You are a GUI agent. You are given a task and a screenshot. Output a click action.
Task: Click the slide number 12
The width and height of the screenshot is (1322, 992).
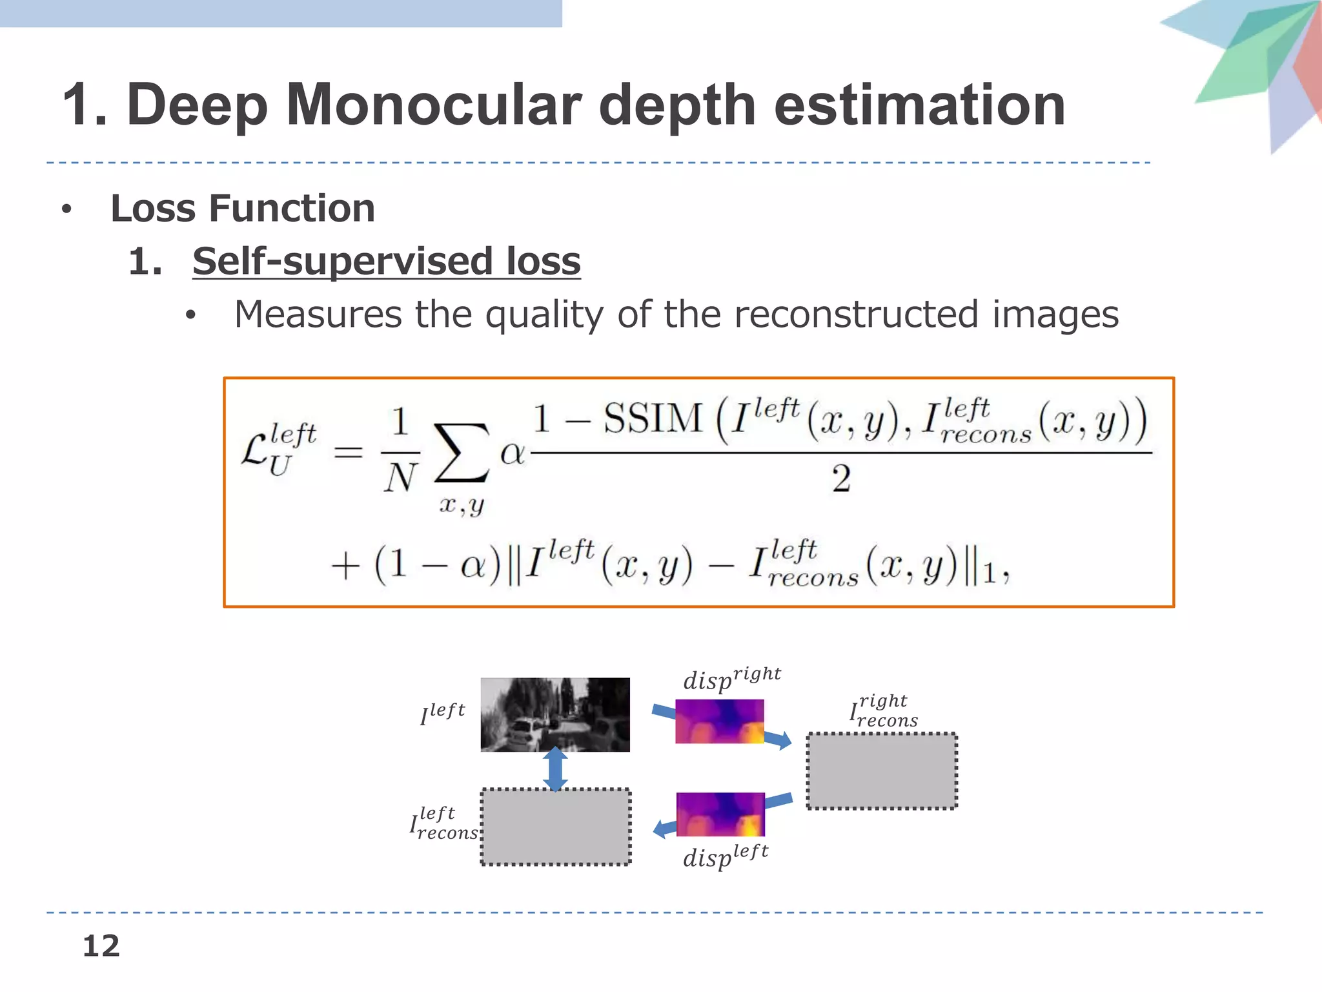click(101, 946)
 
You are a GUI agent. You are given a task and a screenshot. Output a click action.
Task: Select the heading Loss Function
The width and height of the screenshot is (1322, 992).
click(243, 209)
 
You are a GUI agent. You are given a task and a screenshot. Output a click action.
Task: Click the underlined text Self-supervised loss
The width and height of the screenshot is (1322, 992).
click(386, 262)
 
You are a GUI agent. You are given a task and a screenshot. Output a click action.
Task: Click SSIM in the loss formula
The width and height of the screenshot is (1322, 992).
click(653, 418)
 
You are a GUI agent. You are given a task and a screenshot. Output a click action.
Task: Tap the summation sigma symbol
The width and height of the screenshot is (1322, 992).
click(461, 453)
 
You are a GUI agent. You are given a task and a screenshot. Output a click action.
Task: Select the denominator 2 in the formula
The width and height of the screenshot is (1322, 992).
click(840, 479)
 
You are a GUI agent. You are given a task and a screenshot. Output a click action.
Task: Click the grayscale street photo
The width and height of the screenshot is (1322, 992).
click(555, 714)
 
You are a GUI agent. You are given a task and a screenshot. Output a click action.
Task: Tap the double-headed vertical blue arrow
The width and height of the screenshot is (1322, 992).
click(555, 769)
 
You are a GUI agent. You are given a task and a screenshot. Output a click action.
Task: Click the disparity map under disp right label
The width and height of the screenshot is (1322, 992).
click(719, 721)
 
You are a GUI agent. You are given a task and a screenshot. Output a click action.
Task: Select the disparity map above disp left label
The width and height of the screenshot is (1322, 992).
click(720, 814)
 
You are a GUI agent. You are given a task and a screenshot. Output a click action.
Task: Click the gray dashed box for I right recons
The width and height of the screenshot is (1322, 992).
click(882, 770)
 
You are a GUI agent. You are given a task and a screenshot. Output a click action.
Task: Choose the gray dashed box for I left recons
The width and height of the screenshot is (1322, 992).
click(555, 827)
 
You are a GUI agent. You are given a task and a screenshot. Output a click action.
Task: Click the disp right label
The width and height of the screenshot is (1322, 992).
click(732, 679)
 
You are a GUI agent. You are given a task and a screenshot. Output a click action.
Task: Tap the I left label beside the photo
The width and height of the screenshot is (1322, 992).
click(443, 714)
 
